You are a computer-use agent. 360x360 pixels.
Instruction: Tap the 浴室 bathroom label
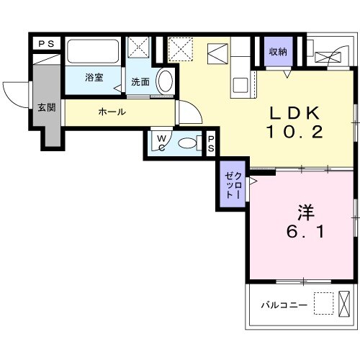point(93,77)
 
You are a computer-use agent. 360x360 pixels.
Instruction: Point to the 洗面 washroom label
point(140,82)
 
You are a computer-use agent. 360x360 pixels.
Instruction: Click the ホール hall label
point(112,112)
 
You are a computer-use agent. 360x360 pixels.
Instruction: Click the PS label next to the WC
point(212,143)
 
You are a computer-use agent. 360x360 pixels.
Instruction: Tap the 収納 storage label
point(279,51)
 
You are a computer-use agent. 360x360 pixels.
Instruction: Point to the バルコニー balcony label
point(284,306)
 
